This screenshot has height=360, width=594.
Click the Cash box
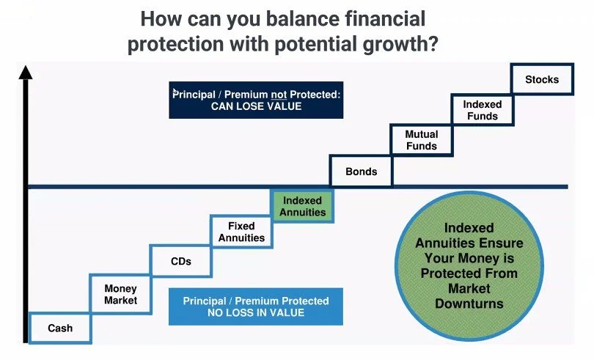coord(60,328)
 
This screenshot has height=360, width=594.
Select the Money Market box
coord(120,294)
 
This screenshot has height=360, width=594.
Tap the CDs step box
coord(180,261)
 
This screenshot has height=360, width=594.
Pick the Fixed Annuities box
coord(241,232)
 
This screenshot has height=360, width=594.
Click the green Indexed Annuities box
coord(303,205)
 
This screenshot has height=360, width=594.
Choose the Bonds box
coord(362,172)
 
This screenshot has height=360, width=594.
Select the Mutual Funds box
coord(422,140)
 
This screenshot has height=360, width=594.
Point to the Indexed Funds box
coord(482,110)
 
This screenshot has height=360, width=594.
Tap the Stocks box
coord(542,79)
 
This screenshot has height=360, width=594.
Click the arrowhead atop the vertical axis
coord(26,72)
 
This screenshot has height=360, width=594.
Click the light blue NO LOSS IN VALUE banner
coord(255,306)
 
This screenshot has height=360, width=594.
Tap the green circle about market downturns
coord(469,265)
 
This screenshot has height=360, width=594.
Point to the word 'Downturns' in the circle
coord(469,303)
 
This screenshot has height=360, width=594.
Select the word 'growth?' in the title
coord(400,44)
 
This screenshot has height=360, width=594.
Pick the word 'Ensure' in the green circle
coord(506,243)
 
